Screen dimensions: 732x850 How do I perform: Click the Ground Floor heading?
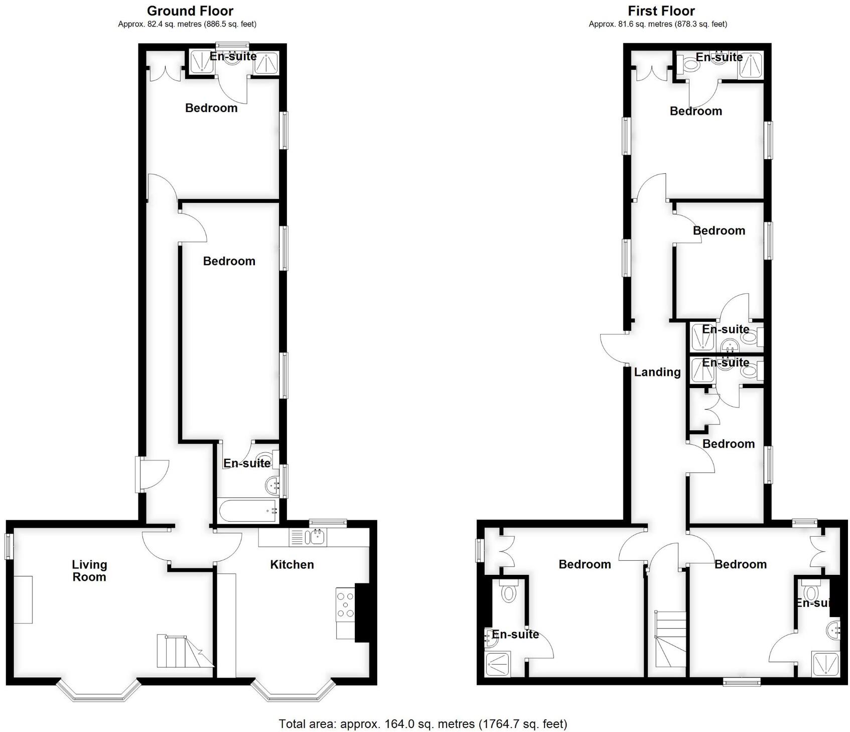click(x=190, y=11)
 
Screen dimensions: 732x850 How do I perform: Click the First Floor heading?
click(x=661, y=11)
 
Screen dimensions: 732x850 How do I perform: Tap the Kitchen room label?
click(x=292, y=564)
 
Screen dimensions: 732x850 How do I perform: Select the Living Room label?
click(x=89, y=571)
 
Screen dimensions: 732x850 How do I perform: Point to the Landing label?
click(x=657, y=372)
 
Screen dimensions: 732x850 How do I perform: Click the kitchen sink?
click(x=317, y=538)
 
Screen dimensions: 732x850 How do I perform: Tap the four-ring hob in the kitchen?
click(x=345, y=604)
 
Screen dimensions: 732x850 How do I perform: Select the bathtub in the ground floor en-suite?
click(x=248, y=511)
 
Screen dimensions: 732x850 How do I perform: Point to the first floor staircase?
click(x=670, y=639)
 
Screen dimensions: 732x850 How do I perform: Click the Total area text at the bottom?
click(x=422, y=723)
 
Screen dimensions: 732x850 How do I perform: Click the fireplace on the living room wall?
click(x=23, y=599)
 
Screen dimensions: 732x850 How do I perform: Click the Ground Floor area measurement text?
click(x=187, y=24)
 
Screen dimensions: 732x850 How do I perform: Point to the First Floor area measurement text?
click(x=658, y=24)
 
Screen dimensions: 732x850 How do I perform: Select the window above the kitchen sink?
click(x=328, y=523)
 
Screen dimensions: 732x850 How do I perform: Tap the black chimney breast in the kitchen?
click(x=362, y=612)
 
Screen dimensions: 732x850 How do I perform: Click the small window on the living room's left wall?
click(x=9, y=546)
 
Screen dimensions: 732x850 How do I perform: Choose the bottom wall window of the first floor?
click(x=742, y=681)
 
